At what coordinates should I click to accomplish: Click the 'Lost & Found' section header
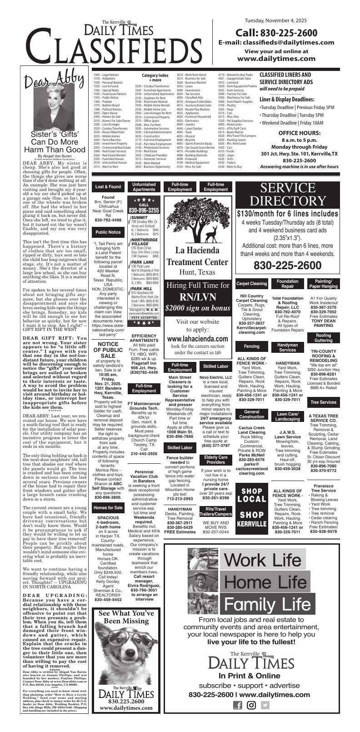click(x=108, y=186)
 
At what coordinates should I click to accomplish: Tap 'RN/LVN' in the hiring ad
click(x=198, y=297)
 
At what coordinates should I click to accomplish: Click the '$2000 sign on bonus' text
click(x=198, y=308)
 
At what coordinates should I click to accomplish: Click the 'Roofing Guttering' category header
click(x=323, y=337)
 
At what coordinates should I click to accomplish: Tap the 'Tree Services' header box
click(x=323, y=402)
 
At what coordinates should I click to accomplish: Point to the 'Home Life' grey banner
click(x=265, y=582)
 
